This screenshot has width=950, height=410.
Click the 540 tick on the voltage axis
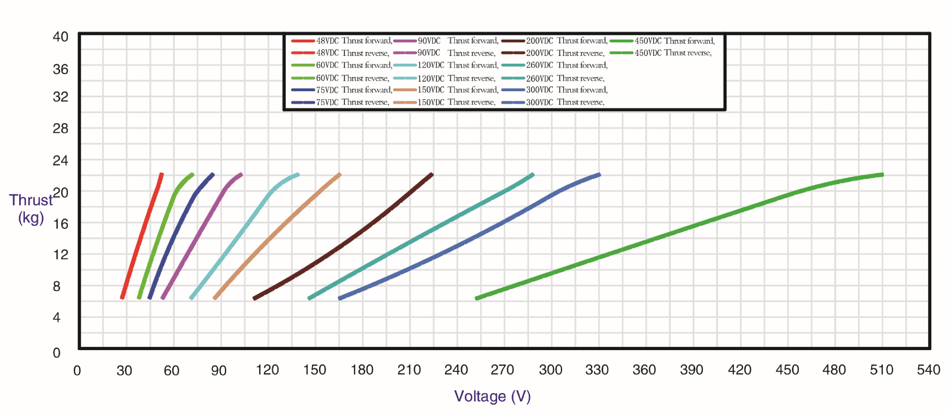pyautogui.click(x=928, y=370)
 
